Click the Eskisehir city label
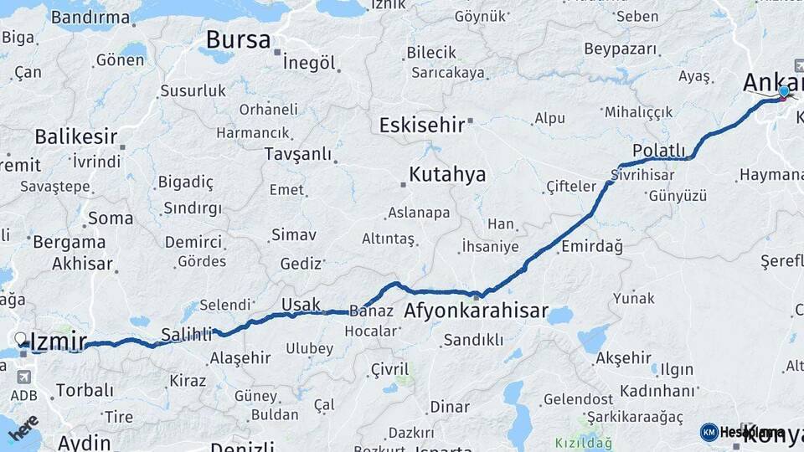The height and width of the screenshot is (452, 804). pos(421,126)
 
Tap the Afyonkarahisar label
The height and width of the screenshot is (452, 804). pos(476,312)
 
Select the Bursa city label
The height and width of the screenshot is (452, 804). pos(238,39)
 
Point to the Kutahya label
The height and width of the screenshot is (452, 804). pos(447,175)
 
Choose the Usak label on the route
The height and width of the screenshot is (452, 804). pos(301,304)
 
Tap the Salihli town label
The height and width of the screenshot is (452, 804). pos(187,334)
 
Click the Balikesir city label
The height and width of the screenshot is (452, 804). pos(75,136)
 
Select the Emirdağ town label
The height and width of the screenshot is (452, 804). pos(592,247)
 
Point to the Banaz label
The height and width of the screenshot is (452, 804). pos(371,311)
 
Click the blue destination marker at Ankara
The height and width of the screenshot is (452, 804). pos(784,92)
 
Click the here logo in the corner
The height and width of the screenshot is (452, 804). pos(23,428)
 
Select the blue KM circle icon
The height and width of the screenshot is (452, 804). pos(709,432)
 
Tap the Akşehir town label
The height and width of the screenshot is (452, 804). pos(623,358)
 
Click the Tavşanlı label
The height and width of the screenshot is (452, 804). pos(299,154)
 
